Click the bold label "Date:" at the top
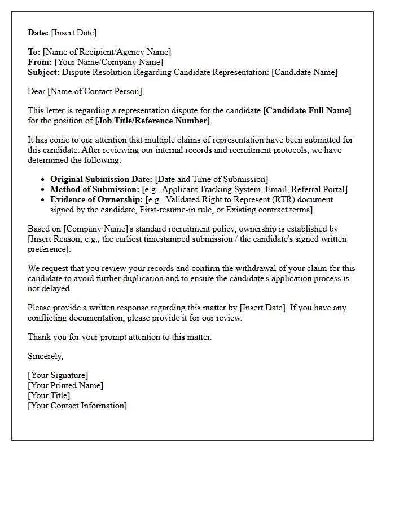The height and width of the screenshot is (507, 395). click(x=38, y=33)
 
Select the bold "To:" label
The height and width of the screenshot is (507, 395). click(x=34, y=52)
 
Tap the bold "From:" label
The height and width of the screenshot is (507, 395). click(x=39, y=62)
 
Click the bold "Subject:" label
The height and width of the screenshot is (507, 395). click(x=43, y=72)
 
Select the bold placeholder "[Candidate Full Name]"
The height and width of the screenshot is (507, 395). click(x=307, y=110)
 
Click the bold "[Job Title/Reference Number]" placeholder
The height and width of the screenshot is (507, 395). click(x=152, y=121)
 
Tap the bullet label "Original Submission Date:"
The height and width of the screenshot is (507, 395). click(x=102, y=179)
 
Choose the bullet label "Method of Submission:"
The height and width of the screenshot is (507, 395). click(x=95, y=189)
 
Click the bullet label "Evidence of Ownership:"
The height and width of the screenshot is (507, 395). click(x=96, y=199)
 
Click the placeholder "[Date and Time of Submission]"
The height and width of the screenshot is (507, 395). click(x=212, y=179)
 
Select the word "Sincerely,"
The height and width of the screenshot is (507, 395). click(x=46, y=356)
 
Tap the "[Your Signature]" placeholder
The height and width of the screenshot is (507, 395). click(x=58, y=375)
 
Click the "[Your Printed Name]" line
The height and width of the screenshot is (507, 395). click(x=65, y=385)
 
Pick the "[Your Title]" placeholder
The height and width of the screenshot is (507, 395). click(x=49, y=395)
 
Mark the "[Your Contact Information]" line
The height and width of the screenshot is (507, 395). click(x=77, y=406)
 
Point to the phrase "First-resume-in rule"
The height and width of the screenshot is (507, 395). click(x=175, y=210)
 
